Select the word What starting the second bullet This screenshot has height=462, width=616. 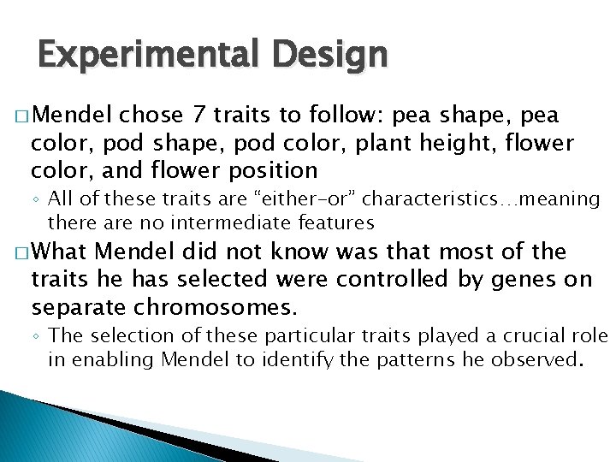point(62,252)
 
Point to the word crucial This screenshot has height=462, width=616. point(520,336)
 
